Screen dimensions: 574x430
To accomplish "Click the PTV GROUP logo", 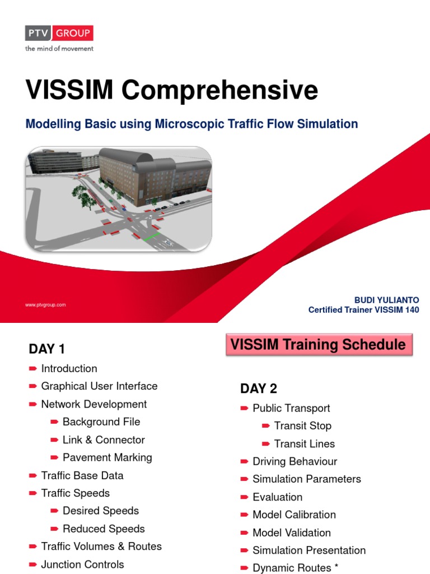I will tap(59, 34).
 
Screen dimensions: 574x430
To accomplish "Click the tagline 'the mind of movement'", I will tap(59, 49).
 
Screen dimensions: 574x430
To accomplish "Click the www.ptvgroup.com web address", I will tap(45, 305).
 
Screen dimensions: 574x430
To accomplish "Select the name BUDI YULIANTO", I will tap(386, 300).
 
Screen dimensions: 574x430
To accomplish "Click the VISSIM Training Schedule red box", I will tap(319, 344).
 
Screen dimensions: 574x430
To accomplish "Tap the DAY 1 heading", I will tap(47, 349).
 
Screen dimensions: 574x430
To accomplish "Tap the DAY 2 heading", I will tap(259, 388).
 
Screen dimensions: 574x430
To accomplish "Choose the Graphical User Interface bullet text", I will tap(99, 386).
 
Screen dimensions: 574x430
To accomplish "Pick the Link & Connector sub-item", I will tap(104, 440).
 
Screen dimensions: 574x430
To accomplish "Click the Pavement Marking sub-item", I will tap(107, 457).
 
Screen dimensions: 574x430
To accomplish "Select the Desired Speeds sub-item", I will tap(101, 511).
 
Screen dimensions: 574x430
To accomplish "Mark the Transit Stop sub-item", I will tap(302, 426).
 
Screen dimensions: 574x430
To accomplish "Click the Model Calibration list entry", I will tap(294, 515).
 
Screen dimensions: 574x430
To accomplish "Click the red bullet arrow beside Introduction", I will tap(32, 369).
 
